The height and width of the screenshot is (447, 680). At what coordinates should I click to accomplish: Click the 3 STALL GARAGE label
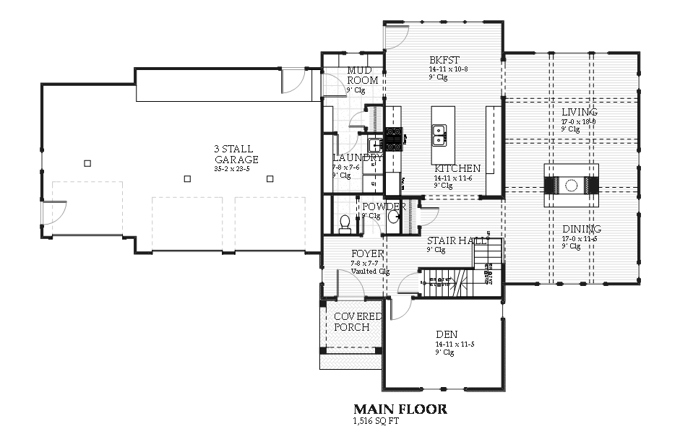[236, 154]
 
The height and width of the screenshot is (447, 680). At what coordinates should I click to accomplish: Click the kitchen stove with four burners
[394, 139]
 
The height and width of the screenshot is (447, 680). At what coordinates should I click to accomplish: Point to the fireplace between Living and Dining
[571, 186]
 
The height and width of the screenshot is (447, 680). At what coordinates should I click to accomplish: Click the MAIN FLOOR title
[400, 409]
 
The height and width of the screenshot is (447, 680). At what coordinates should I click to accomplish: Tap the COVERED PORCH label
[357, 322]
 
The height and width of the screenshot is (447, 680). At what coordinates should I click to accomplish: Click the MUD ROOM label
[362, 75]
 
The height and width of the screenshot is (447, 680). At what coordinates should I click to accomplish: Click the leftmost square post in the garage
[87, 163]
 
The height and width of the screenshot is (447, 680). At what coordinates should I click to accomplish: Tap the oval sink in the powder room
[393, 217]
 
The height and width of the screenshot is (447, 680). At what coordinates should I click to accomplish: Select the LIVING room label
[580, 112]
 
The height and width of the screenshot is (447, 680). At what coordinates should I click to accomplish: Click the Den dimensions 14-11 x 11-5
[454, 344]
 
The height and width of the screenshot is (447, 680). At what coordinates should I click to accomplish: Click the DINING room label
[582, 229]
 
